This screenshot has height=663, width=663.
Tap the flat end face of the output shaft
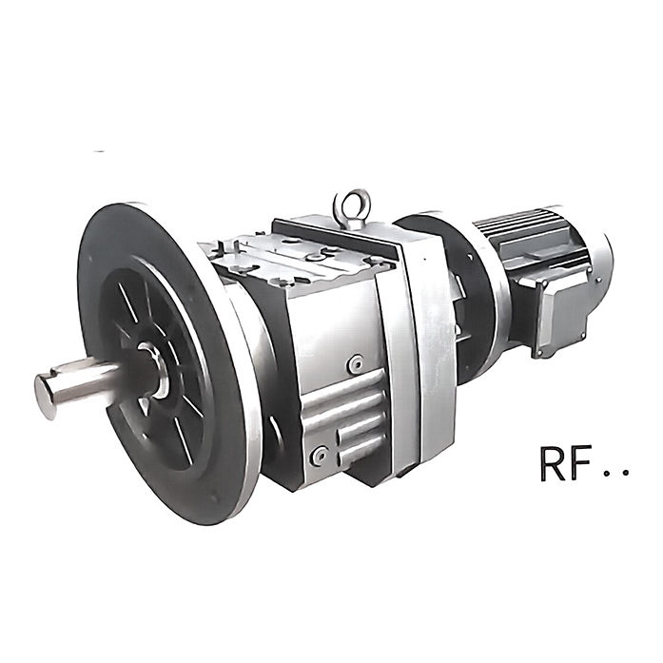(46, 397)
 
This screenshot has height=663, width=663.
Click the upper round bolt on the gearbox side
(356, 362)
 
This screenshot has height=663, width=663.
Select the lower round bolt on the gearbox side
(320, 454)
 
